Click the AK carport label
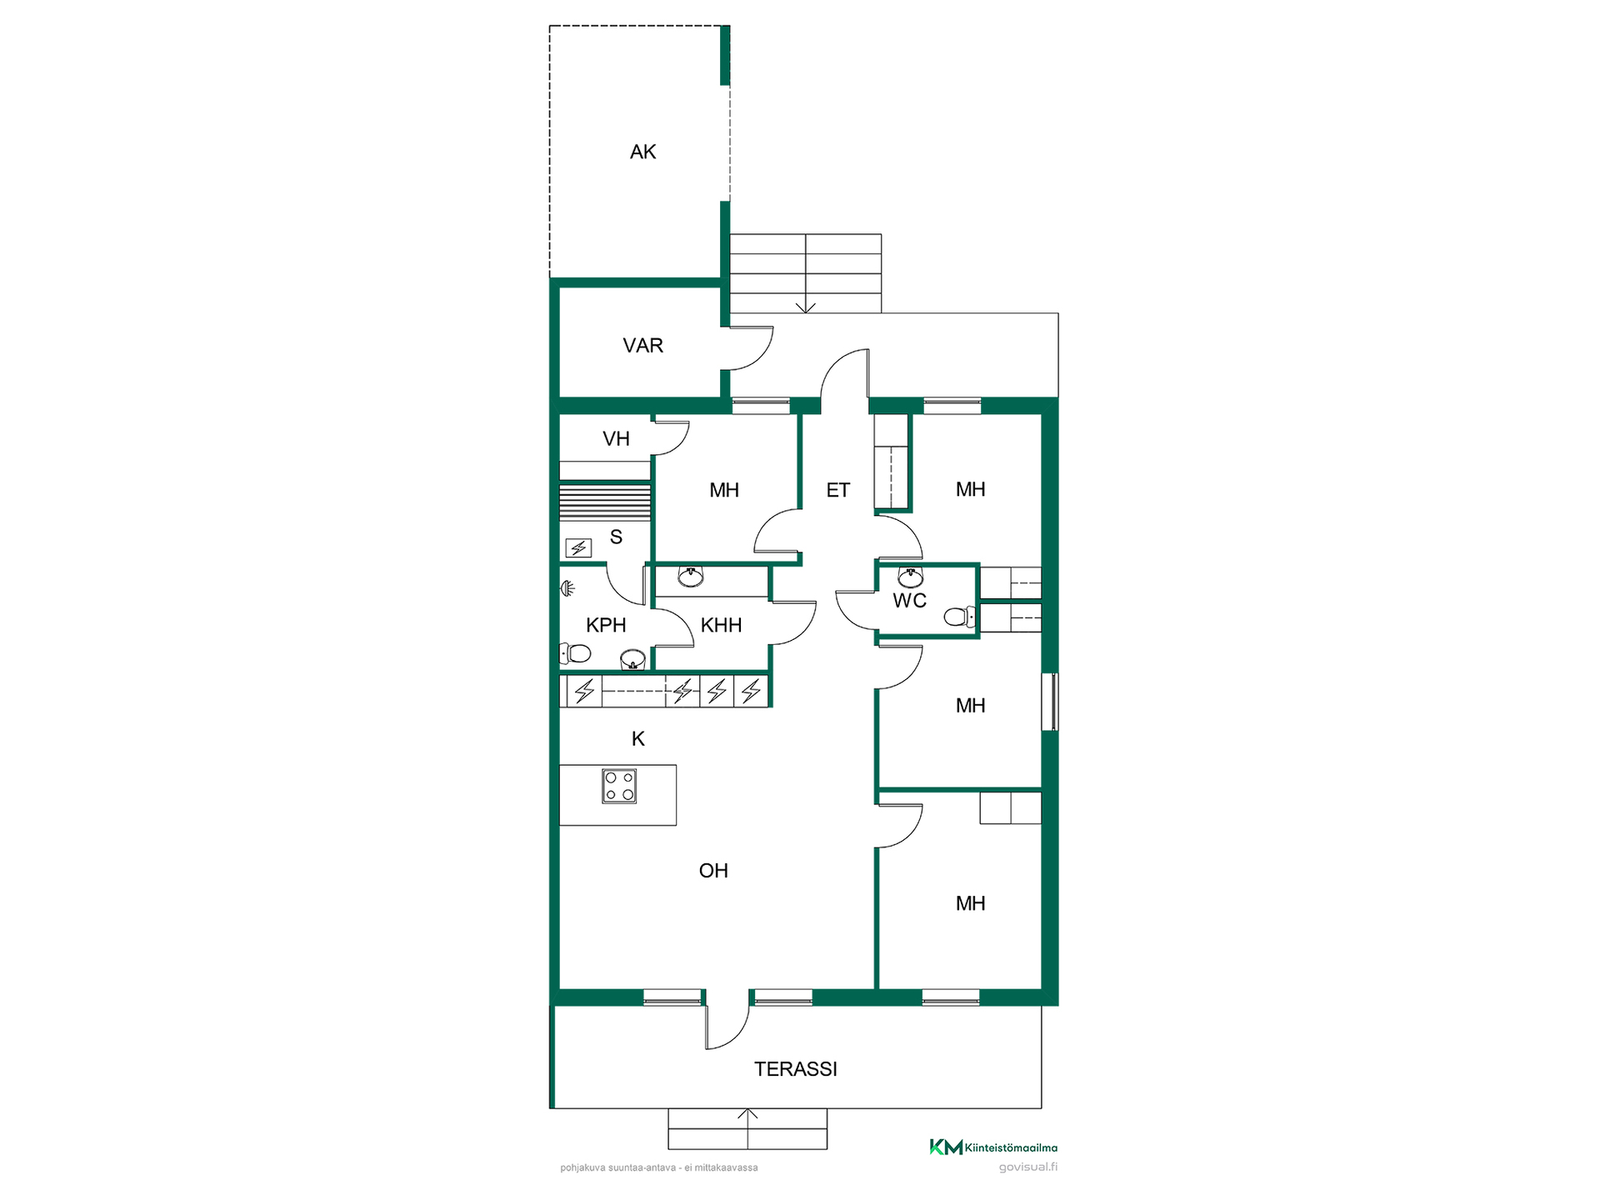click(642, 152)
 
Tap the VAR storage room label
click(642, 346)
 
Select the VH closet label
click(616, 439)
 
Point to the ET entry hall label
click(837, 490)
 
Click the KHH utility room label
click(721, 625)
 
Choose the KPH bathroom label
click(606, 625)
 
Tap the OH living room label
click(713, 871)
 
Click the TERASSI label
click(795, 1069)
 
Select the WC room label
click(909, 601)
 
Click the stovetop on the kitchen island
click(619, 786)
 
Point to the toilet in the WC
click(959, 617)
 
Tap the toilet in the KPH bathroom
click(575, 652)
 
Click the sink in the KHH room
click(691, 576)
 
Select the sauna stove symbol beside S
click(578, 547)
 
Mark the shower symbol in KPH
click(567, 589)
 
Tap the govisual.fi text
click(1028, 1167)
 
